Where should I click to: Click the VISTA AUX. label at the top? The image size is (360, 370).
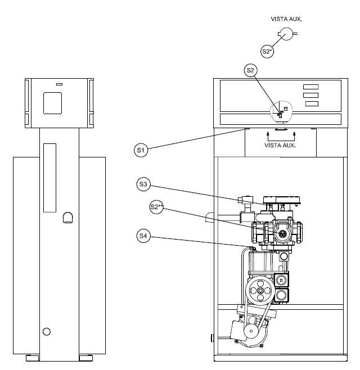(286, 19)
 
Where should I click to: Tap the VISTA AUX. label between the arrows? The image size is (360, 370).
(280, 145)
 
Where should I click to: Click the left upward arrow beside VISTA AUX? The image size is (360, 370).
(268, 137)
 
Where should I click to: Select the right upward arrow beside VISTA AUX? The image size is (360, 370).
(294, 137)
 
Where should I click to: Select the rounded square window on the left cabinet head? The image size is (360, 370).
(52, 103)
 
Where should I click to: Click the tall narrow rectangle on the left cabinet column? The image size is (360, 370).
(50, 178)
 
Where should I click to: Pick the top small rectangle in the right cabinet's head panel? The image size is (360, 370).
(311, 87)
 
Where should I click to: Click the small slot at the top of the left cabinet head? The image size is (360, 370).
(59, 84)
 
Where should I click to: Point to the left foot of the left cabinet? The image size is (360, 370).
(32, 358)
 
